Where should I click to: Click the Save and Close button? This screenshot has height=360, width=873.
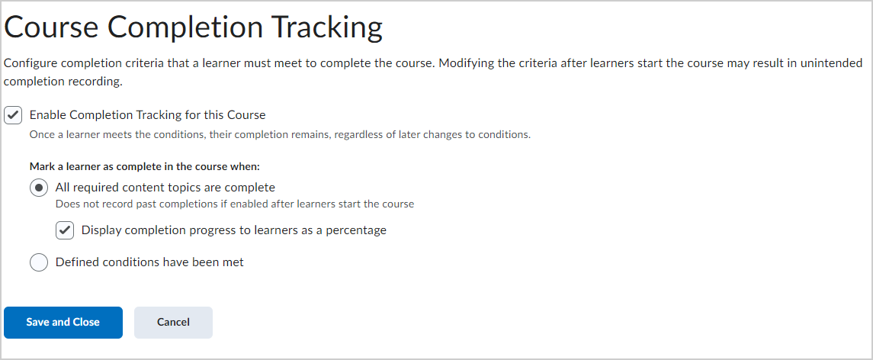pyautogui.click(x=63, y=322)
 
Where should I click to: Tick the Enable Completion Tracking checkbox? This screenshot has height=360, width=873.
pyautogui.click(x=13, y=115)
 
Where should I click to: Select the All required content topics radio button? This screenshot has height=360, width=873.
pyautogui.click(x=38, y=188)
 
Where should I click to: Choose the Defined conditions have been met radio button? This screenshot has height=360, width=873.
pyautogui.click(x=38, y=262)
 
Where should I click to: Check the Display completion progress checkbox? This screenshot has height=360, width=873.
pyautogui.click(x=65, y=230)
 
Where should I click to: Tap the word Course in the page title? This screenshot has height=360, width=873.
pyautogui.click(x=51, y=27)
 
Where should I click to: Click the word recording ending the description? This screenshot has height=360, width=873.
pyautogui.click(x=100, y=82)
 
